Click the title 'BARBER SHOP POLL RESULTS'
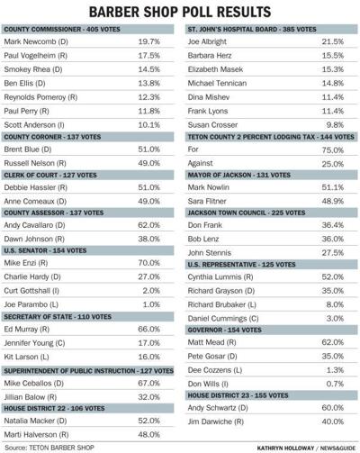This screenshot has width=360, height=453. click(x=180, y=12)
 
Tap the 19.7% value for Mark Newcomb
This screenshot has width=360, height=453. click(x=148, y=42)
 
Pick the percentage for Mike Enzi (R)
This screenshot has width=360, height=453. click(x=148, y=263)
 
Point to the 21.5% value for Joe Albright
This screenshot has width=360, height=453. click(x=332, y=42)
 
